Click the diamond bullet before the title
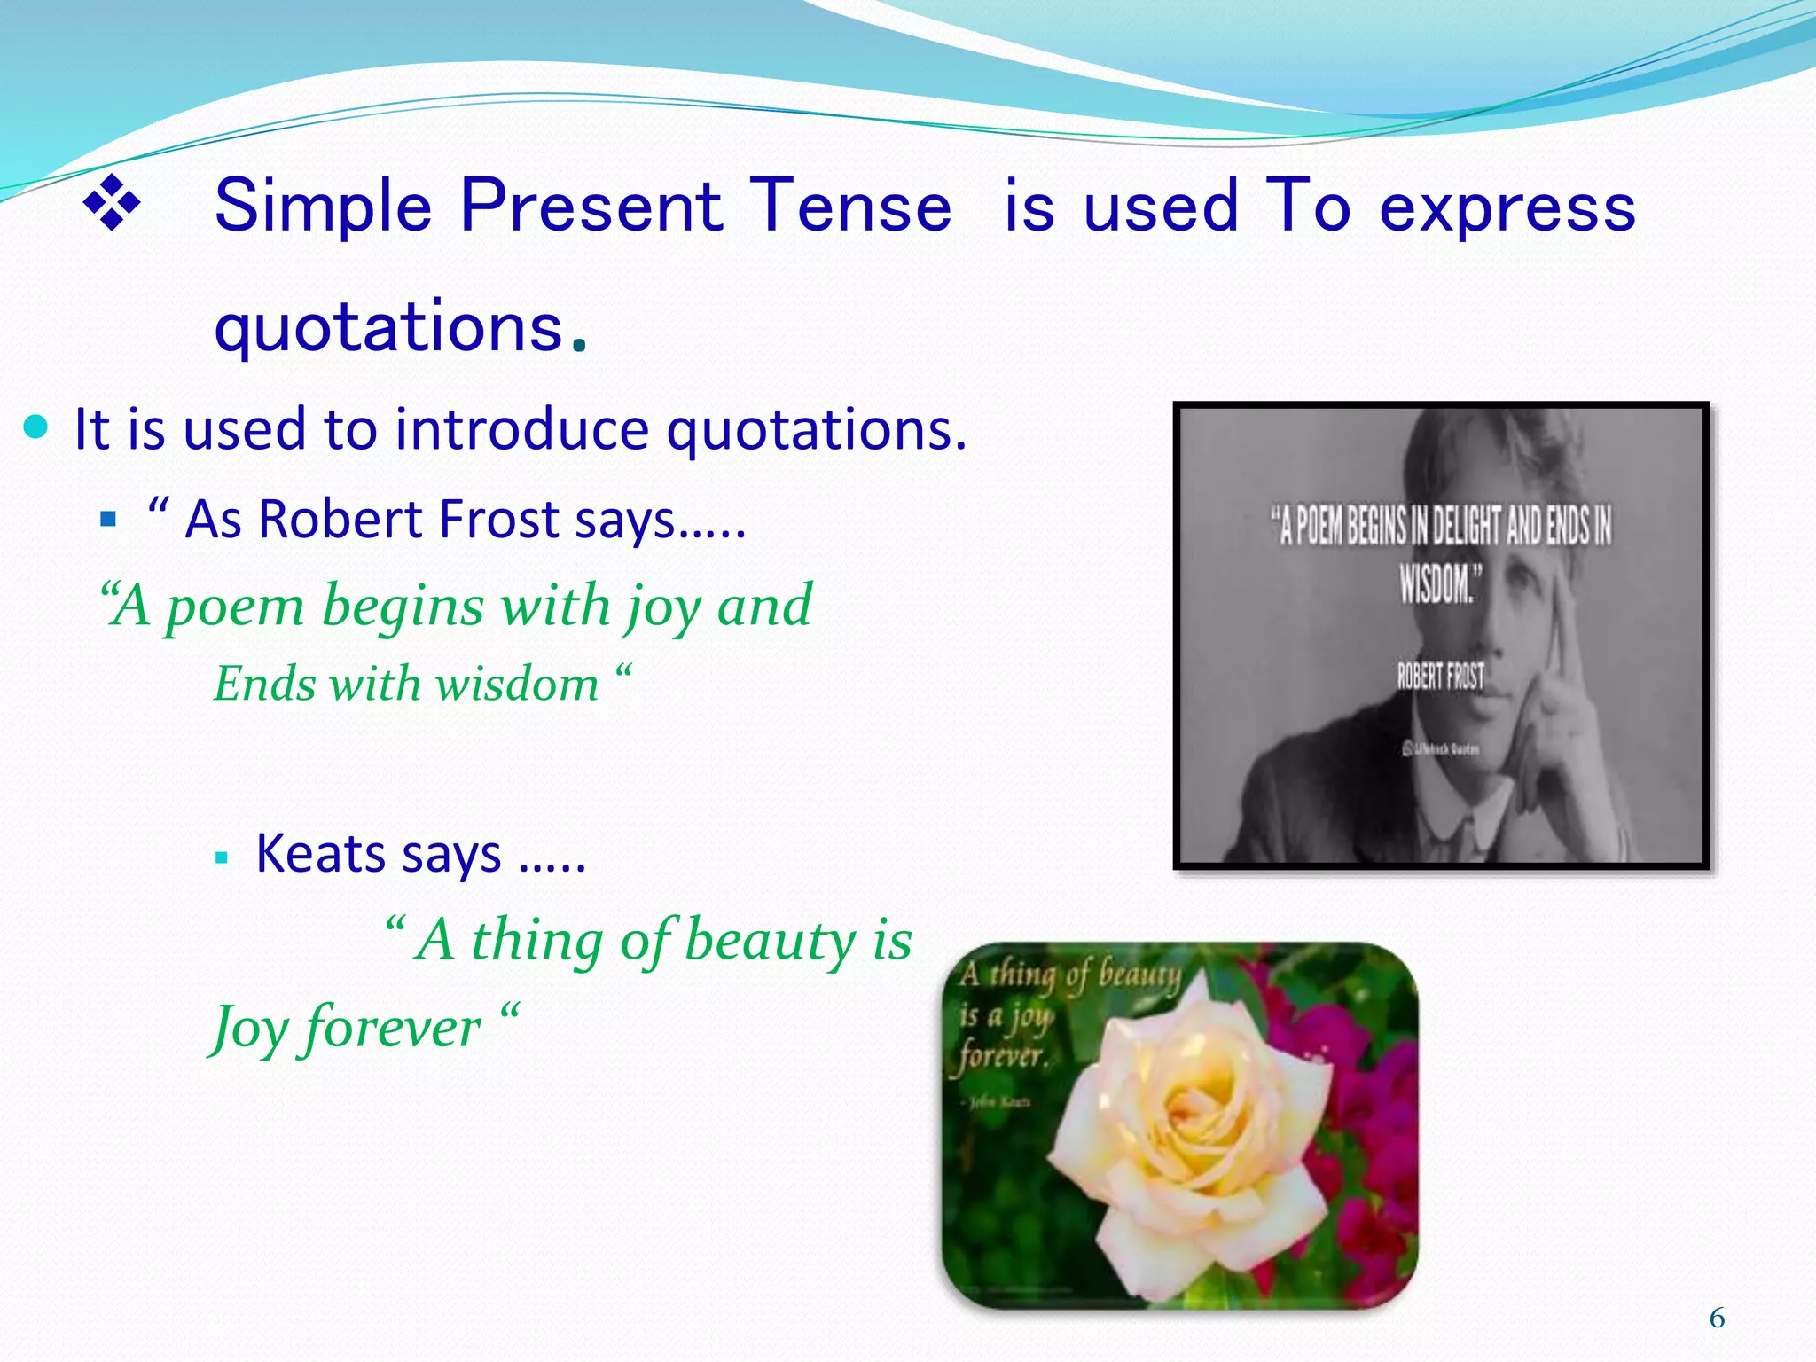pyautogui.click(x=112, y=205)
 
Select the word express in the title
pyautogui.click(x=1507, y=206)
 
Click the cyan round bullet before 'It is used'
pyautogui.click(x=35, y=428)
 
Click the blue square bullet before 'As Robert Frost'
pyautogui.click(x=109, y=520)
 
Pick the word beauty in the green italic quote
pyautogui.click(x=769, y=940)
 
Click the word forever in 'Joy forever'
pyautogui.click(x=392, y=1029)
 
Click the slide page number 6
pyautogui.click(x=1717, y=1319)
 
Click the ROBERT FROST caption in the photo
pyautogui.click(x=1440, y=677)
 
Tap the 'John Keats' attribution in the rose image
pyautogui.click(x=998, y=1102)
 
